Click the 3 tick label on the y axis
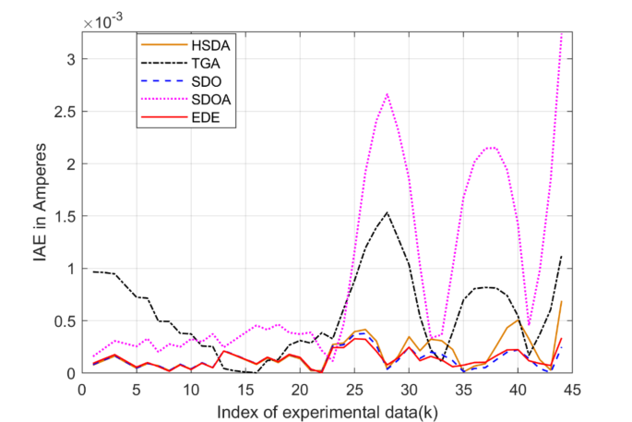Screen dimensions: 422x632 [68, 59]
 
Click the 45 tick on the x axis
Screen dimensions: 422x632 [572, 388]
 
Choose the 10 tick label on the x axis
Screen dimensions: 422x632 [190, 388]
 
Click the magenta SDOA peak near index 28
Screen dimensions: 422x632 [387, 94]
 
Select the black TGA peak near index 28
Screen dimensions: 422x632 [387, 212]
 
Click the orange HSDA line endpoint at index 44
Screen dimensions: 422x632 [561, 302]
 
